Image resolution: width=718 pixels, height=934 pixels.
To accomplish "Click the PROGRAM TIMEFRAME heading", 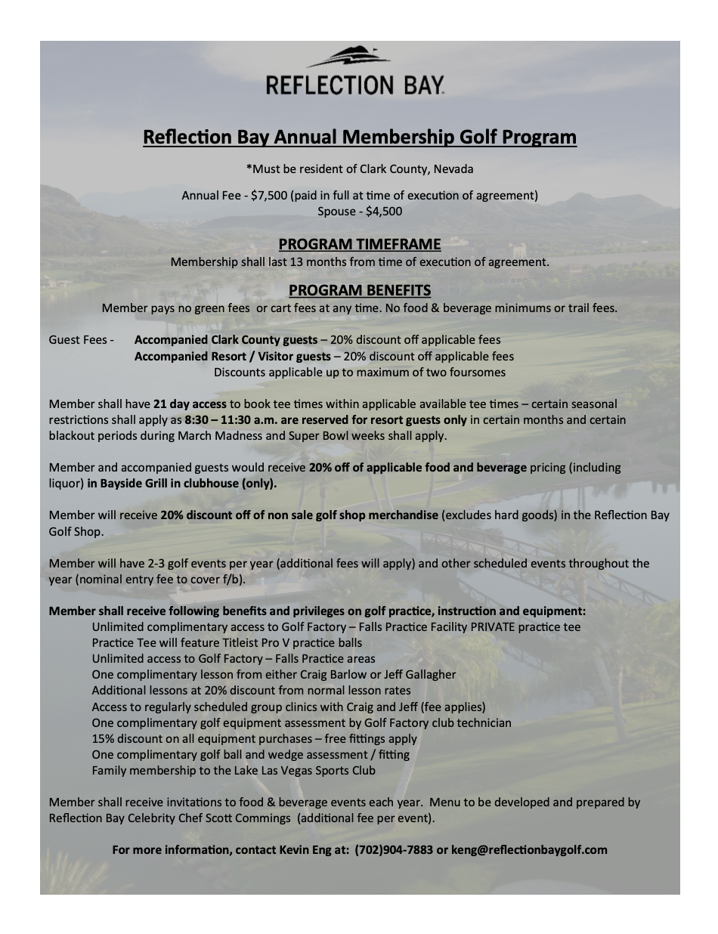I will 359,244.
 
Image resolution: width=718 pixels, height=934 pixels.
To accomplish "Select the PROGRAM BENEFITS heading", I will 359,290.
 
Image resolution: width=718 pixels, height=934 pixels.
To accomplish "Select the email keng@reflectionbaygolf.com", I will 529,849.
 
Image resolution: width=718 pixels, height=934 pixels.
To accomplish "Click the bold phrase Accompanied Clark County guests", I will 226,340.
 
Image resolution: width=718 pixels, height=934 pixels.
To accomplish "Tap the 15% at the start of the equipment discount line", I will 102,738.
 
